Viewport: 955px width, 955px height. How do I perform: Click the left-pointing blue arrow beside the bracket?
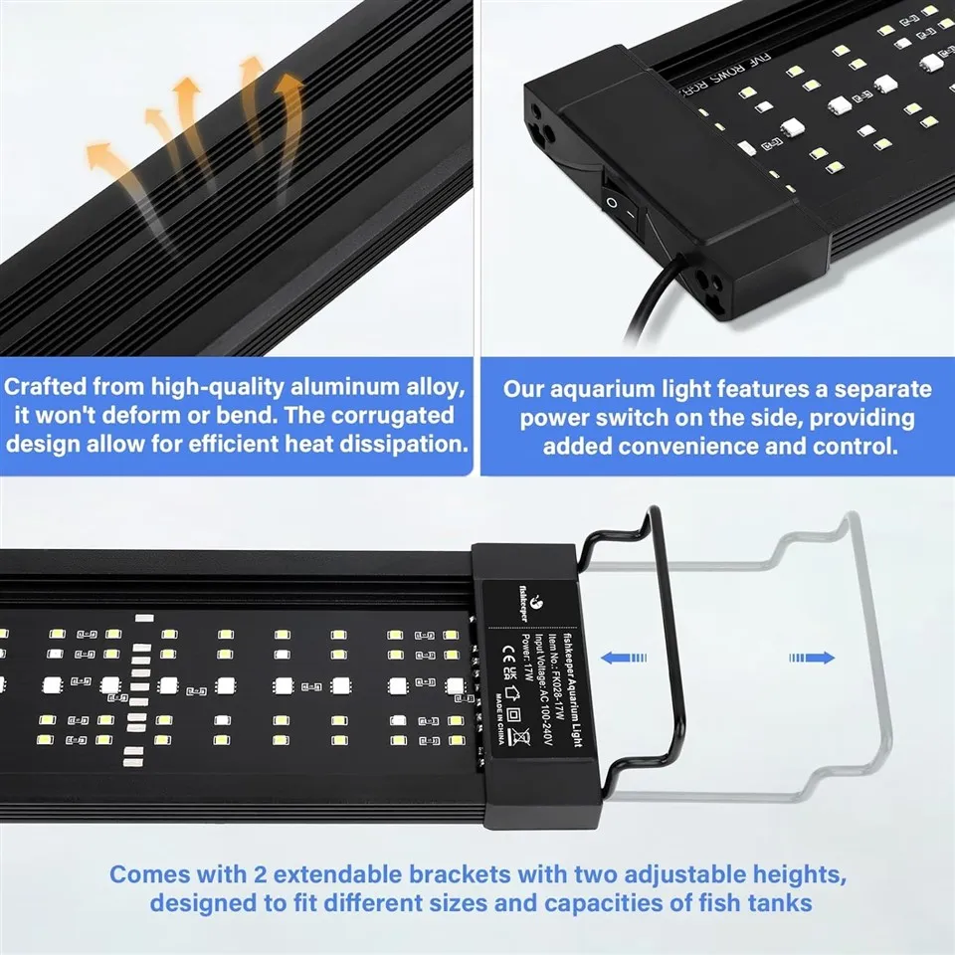tap(625, 657)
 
